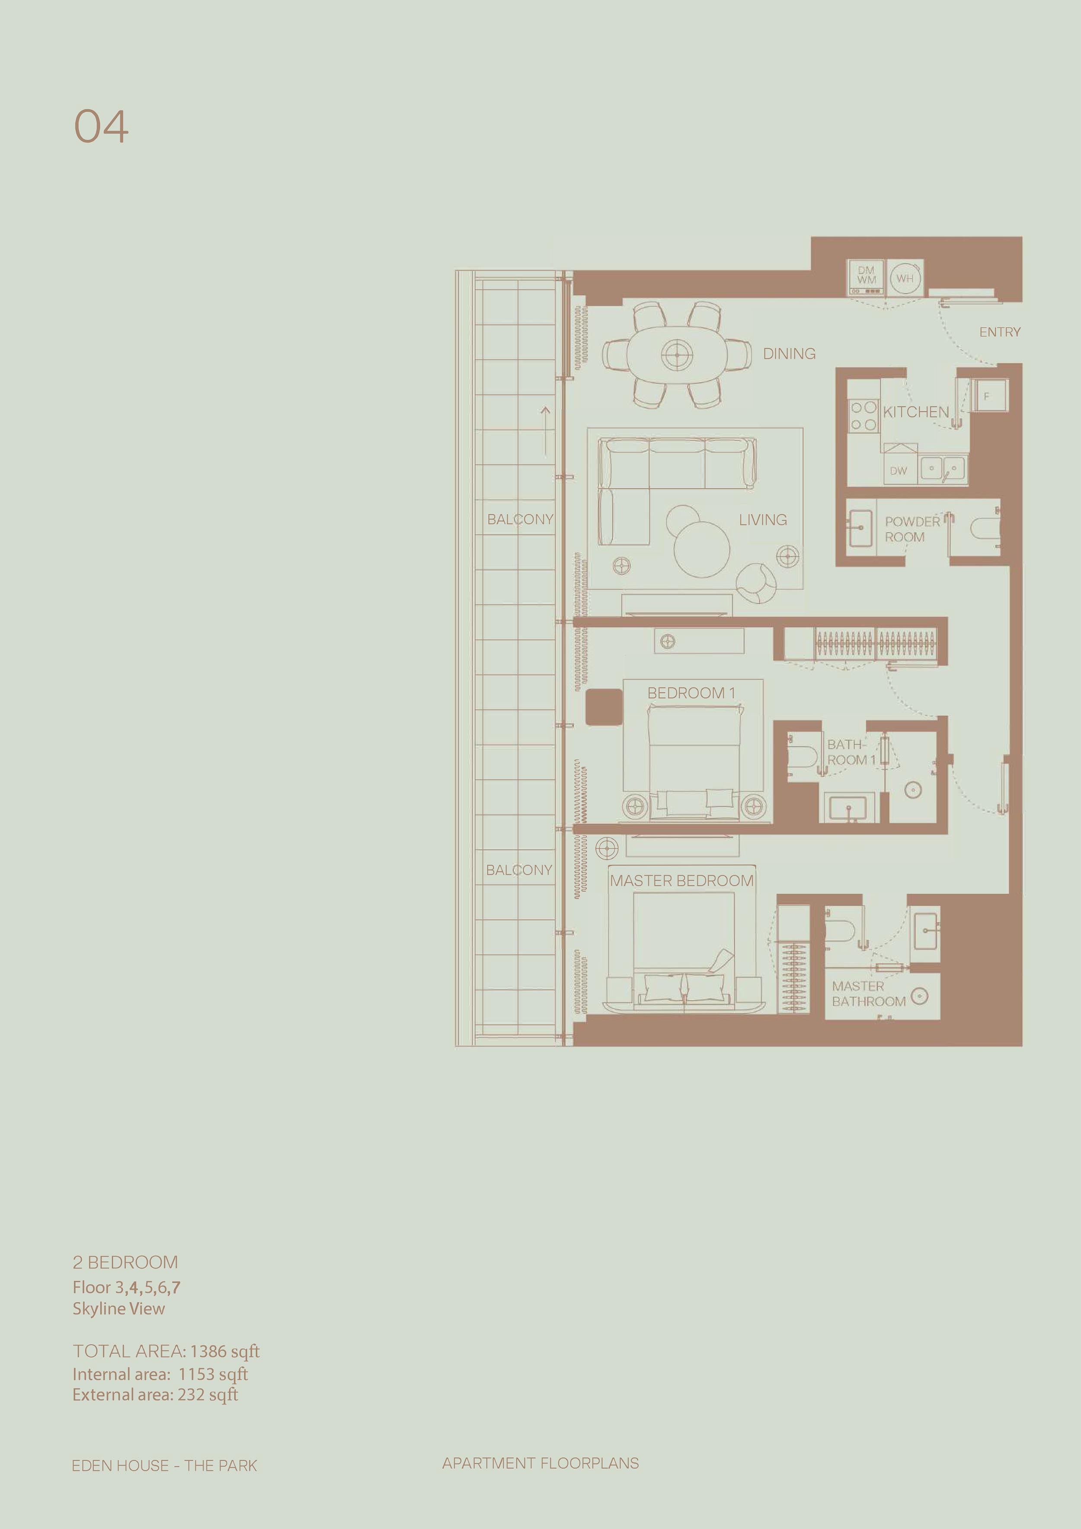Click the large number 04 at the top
[x=101, y=127]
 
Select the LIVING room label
[x=763, y=519]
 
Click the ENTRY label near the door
[x=1000, y=332]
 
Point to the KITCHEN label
[x=916, y=412]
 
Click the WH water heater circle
[x=905, y=279]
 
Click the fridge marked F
[x=987, y=396]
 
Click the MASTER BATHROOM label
[x=869, y=994]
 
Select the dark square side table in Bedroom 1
[x=604, y=707]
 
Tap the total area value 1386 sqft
[x=225, y=1351]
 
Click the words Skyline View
[x=118, y=1308]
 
